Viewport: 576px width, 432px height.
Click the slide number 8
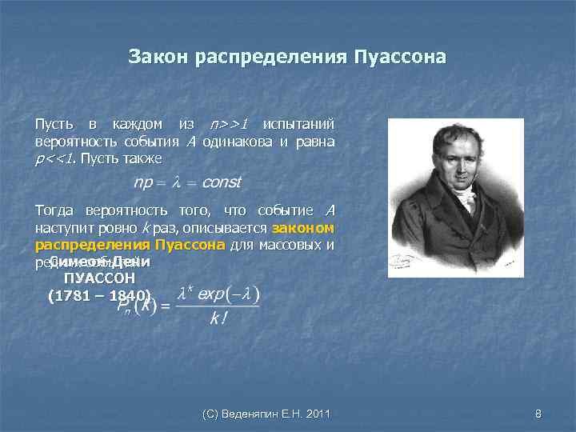(538, 414)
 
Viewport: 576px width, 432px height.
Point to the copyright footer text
(266, 414)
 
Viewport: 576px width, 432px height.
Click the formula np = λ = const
(186, 182)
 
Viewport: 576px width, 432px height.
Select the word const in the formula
(221, 182)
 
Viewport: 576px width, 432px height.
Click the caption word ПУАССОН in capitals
(99, 278)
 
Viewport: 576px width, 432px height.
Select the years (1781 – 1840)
(99, 295)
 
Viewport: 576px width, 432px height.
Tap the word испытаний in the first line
(298, 125)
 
